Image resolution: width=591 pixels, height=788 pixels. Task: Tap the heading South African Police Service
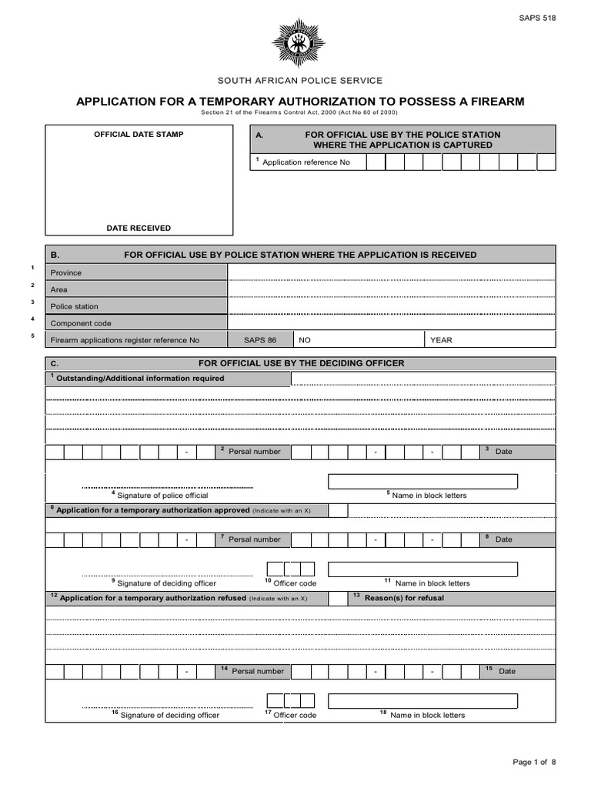point(299,81)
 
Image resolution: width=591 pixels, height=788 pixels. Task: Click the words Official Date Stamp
point(139,135)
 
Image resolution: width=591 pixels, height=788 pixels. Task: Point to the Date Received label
point(139,228)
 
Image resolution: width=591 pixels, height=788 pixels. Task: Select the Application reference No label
point(306,162)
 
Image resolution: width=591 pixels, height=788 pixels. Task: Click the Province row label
point(66,272)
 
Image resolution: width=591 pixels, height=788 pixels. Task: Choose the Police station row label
point(75,306)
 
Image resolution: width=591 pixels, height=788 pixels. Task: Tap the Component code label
point(81,323)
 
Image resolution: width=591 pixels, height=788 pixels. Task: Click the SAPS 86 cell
point(260,340)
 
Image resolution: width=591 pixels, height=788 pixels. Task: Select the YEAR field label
point(441,340)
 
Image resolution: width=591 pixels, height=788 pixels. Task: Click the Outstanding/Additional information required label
point(140,378)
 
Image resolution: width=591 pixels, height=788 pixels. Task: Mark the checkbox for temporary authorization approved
point(338,510)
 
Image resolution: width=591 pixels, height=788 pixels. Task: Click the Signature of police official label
point(162,496)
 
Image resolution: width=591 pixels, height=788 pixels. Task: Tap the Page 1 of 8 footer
point(534,762)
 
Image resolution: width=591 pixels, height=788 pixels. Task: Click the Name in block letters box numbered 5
point(422,482)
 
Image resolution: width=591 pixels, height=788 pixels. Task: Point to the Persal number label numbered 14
point(257,671)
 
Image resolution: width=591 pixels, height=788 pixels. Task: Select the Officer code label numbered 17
point(294,715)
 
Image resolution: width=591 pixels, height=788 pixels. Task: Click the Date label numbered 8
point(503,539)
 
